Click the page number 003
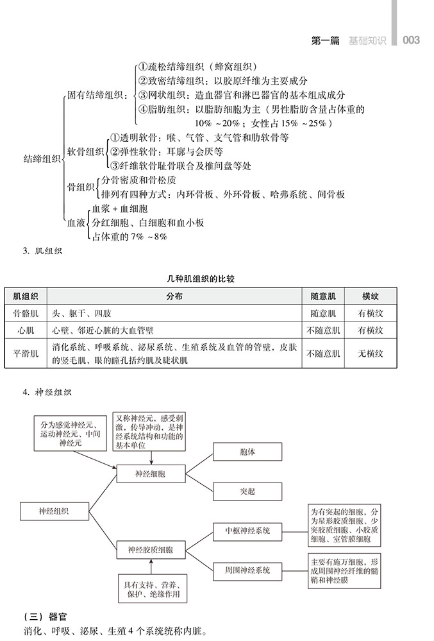tap(411, 40)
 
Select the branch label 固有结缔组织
tap(97, 95)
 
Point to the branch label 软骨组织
tap(85, 151)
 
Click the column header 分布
tap(174, 296)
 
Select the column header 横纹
tap(371, 296)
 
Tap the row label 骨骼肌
tap(26, 313)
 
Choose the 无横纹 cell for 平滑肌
tap(371, 354)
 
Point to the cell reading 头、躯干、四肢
tap(82, 313)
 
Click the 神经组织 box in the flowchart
tap(54, 511)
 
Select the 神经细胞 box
tap(151, 475)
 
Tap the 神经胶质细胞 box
tap(151, 550)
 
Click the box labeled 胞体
tap(247, 452)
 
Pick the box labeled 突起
tap(247, 491)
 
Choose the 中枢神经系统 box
tap(247, 531)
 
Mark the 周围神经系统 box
tap(247, 570)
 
